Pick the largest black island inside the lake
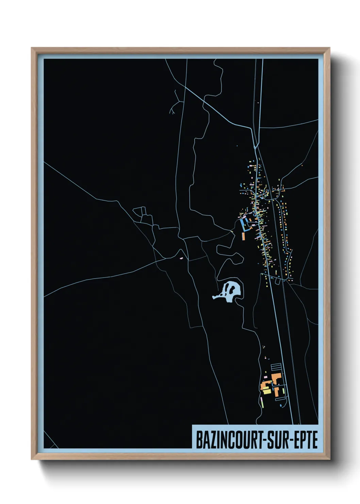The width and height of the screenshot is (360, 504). coord(232,289)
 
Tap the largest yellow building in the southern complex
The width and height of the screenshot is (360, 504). coord(266,391)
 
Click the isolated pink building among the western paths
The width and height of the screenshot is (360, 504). coord(181,259)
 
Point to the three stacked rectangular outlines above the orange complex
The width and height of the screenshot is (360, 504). coord(276,367)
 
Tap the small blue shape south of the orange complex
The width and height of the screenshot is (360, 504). coord(280,406)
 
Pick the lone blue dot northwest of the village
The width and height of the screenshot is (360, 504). coord(237,146)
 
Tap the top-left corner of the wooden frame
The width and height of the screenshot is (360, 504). coord(32,48)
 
